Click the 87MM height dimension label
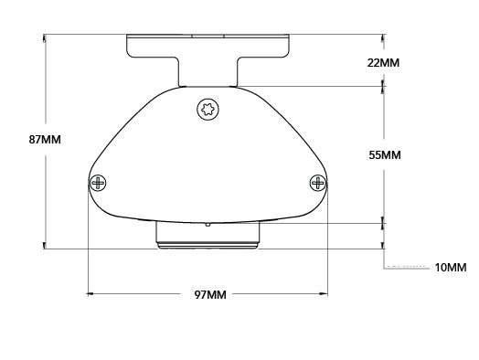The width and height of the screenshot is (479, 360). point(45,140)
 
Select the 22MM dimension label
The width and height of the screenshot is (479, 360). point(383,63)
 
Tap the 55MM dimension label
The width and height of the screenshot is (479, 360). point(385,155)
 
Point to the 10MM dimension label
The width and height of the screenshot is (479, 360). point(451,268)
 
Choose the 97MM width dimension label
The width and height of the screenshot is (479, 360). point(210,294)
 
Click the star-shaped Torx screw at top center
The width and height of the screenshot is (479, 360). point(208,109)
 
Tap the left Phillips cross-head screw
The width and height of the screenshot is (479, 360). point(98,183)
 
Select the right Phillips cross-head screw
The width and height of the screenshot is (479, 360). point(318,183)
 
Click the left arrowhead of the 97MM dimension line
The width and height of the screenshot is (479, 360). point(90,294)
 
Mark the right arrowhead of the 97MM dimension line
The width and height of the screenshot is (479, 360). point(325,294)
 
